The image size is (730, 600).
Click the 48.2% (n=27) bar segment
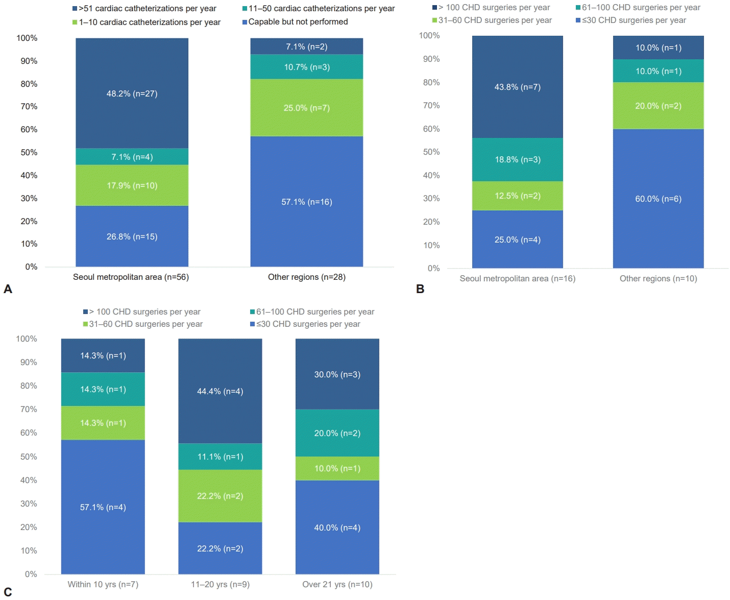pos(132,93)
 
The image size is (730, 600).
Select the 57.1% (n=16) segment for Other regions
pos(306,202)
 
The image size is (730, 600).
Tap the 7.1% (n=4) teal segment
pos(132,157)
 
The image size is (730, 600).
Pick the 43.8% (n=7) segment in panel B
pos(517,87)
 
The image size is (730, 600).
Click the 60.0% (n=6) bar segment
pos(658,199)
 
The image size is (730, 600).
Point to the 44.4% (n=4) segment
pos(220,391)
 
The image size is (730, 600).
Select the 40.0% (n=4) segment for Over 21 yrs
pos(337,527)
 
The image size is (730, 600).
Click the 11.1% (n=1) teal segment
pos(220,457)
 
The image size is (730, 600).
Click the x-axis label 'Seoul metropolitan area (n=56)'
pos(131,277)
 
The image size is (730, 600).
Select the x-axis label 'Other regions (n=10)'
pos(658,279)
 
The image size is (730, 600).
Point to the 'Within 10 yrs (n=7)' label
pos(103,584)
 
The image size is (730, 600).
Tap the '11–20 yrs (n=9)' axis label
pos(220,584)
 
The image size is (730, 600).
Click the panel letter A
pos(8,289)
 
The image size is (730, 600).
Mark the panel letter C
pos(8,592)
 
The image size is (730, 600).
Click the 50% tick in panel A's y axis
pos(29,153)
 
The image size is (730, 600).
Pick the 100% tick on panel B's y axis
pos(429,36)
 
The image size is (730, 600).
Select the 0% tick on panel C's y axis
pos(31,574)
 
